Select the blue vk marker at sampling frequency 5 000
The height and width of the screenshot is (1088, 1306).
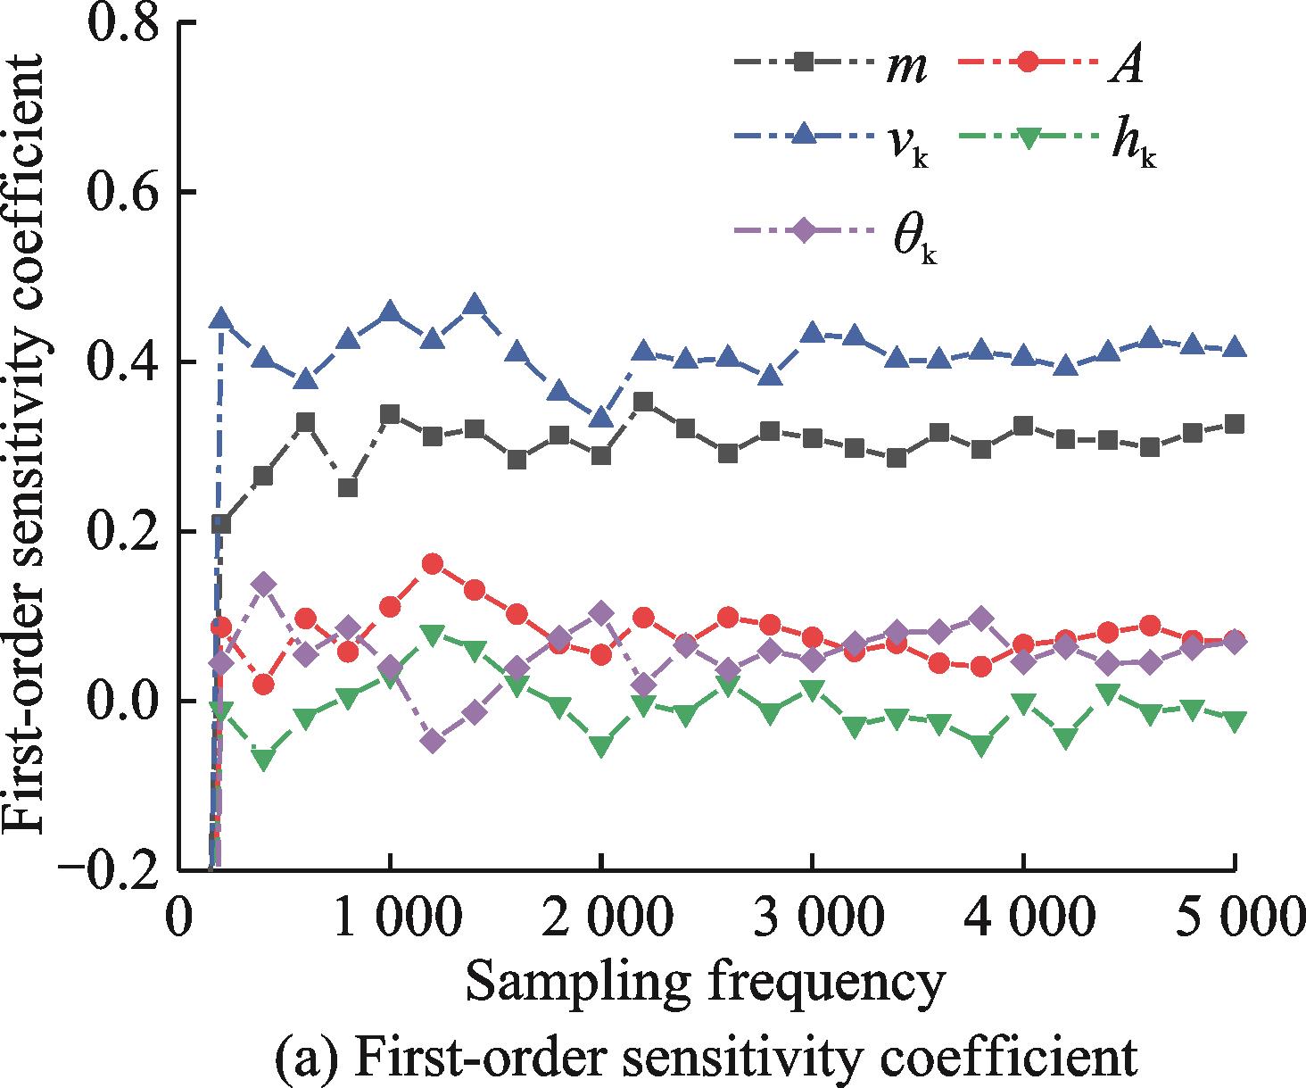[x=1235, y=347]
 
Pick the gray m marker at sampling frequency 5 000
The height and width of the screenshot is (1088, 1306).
[x=1235, y=424]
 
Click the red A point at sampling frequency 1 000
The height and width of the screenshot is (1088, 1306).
[x=390, y=607]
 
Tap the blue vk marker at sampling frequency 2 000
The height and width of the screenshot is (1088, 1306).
[x=601, y=417]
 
